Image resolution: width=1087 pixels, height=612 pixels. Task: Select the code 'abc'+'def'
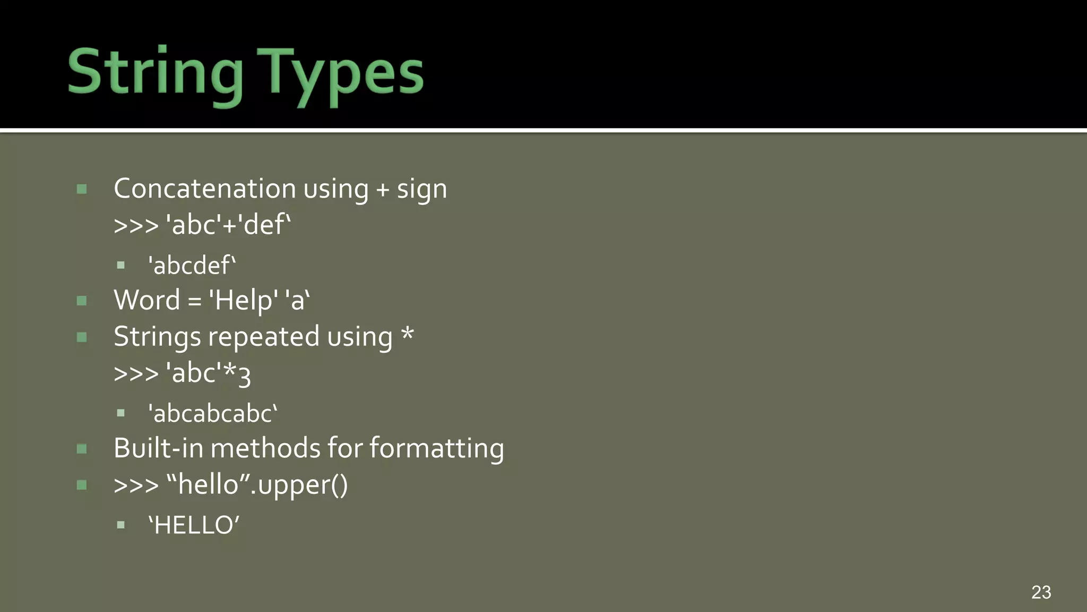[229, 224]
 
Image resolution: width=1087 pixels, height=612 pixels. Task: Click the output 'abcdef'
[192, 265]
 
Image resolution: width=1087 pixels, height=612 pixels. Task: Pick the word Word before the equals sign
[147, 300]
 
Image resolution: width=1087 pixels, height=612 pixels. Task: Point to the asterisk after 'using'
[407, 335]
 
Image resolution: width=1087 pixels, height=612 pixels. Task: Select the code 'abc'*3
[208, 373]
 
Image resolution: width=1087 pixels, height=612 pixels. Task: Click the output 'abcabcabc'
[213, 413]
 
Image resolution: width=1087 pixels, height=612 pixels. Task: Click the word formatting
[436, 448]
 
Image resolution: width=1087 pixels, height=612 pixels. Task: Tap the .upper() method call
[299, 485]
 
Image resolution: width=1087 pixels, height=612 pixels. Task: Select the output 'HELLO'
[194, 525]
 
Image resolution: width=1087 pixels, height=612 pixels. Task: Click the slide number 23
[1041, 592]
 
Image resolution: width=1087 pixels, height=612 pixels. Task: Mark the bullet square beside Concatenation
[82, 189]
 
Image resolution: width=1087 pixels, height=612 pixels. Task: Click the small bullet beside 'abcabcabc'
[121, 413]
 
